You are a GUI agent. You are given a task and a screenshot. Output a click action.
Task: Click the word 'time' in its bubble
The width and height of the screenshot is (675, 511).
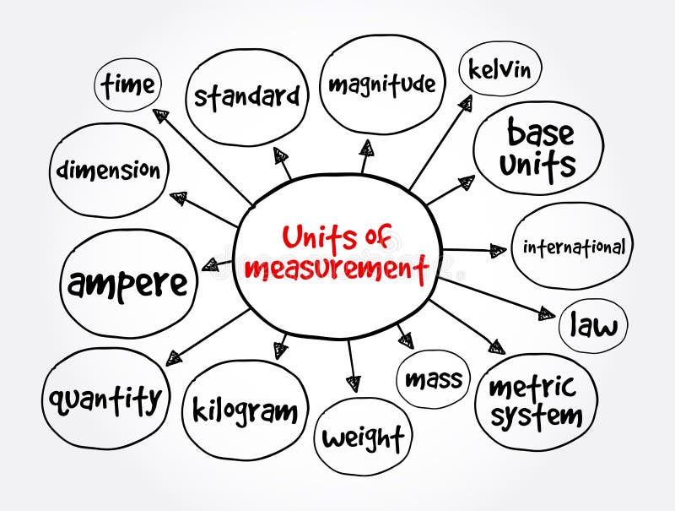pyautogui.click(x=128, y=84)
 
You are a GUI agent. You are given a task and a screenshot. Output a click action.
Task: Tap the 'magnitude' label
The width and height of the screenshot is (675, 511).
pyautogui.click(x=381, y=84)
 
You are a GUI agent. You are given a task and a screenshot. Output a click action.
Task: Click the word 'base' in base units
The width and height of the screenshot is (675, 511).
pyautogui.click(x=540, y=133)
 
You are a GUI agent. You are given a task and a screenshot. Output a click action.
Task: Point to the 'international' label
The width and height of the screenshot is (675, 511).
pyautogui.click(x=574, y=247)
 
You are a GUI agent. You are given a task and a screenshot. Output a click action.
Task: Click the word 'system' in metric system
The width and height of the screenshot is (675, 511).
pyautogui.click(x=537, y=415)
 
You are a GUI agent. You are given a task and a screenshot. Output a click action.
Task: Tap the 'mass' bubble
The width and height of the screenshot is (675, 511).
pyautogui.click(x=434, y=379)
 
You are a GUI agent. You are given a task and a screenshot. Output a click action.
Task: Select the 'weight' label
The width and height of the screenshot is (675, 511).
pyautogui.click(x=363, y=438)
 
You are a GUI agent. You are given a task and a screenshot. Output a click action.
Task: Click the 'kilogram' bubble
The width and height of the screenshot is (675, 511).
pyautogui.click(x=245, y=411)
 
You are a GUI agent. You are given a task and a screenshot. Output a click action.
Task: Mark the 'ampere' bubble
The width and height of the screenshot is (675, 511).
pyautogui.click(x=128, y=285)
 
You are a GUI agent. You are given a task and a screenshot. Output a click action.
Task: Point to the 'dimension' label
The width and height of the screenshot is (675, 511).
pyautogui.click(x=108, y=170)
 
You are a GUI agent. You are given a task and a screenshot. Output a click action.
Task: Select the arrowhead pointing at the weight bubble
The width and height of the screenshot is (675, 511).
pyautogui.click(x=354, y=382)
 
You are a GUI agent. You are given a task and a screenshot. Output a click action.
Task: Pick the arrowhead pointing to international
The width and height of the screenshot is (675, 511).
pyautogui.click(x=498, y=250)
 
